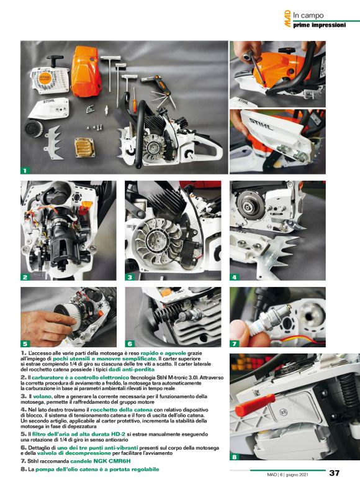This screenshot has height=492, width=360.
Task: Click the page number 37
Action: coord(335,473)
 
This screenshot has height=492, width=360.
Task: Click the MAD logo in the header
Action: coord(287,18)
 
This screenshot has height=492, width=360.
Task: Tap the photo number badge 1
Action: coord(25,170)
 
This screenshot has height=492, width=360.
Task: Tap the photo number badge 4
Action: coord(235,277)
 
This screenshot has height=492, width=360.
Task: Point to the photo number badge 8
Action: coord(235,458)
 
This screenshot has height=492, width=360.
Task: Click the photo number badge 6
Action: coord(130,344)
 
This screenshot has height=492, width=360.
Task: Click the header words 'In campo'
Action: coord(308,15)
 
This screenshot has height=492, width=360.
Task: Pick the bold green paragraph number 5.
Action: coord(24,435)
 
